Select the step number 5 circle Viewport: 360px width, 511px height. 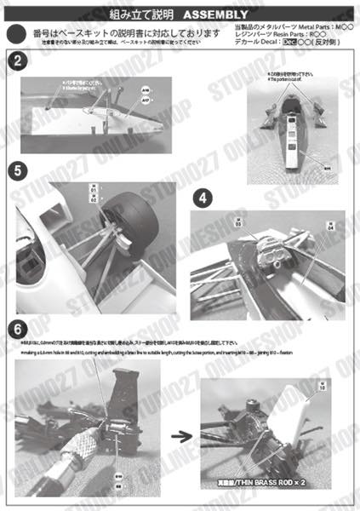click(x=17, y=170)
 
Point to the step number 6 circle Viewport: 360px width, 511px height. click(x=17, y=329)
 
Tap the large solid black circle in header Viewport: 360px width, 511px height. click(x=15, y=35)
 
